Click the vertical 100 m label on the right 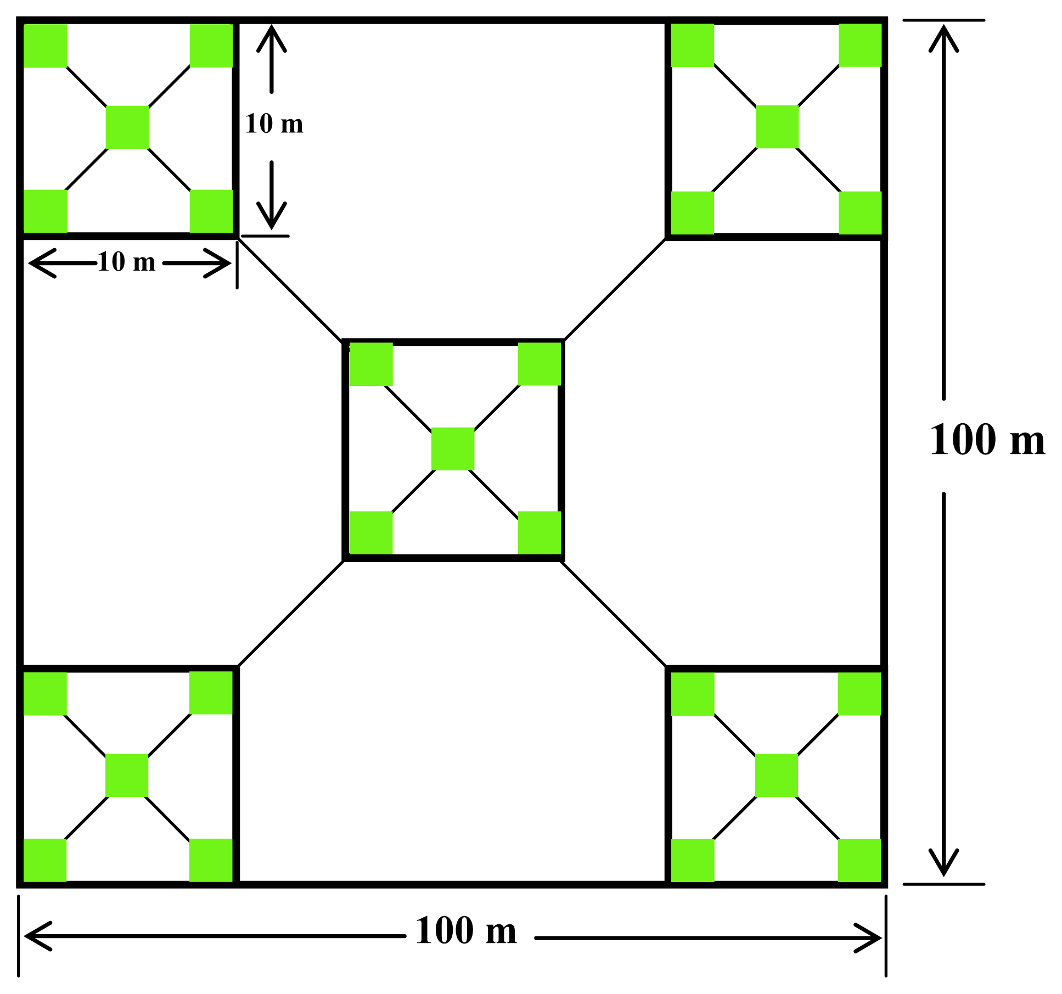[987, 440]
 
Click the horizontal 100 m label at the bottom [466, 931]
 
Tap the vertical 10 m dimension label [274, 124]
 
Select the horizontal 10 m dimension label [127, 262]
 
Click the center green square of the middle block [453, 449]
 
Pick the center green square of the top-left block [127, 127]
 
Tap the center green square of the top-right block [777, 127]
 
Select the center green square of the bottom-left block [127, 775]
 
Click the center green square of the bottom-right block [777, 775]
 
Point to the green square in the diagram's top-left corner [46, 46]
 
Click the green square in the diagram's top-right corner [860, 45]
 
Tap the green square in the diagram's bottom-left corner [45, 860]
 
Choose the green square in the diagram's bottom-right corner [859, 860]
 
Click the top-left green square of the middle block [372, 364]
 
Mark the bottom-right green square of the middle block [540, 532]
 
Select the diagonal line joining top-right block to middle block [615, 289]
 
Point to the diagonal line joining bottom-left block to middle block [291, 613]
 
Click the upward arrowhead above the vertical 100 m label [943, 38]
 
